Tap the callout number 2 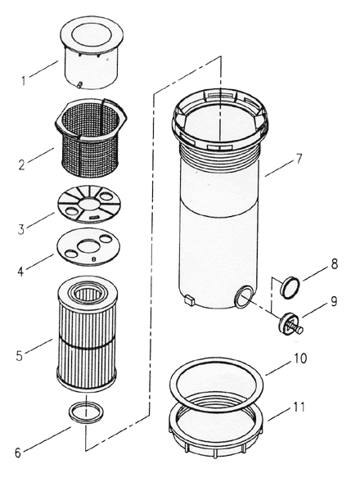point(22,162)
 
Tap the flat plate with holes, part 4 point(87,247)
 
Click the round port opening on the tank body point(244,296)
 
